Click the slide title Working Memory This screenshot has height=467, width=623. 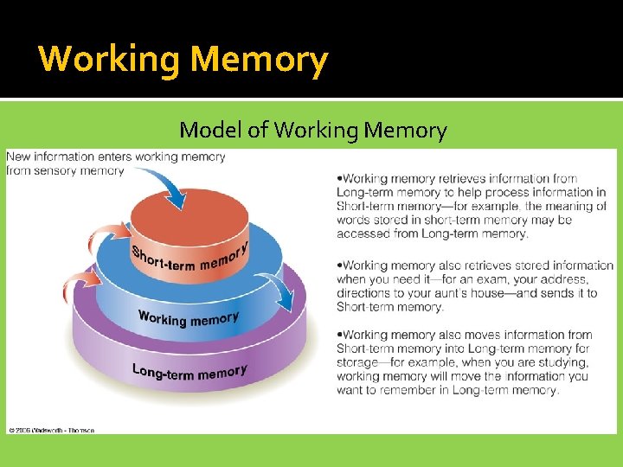tap(183, 60)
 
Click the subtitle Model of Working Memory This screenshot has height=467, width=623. tap(312, 131)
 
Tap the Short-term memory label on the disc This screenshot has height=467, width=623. tap(189, 257)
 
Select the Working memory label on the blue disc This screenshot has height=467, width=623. tap(188, 318)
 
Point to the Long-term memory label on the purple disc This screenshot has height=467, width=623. tap(189, 372)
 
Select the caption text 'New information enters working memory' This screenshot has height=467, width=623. tap(115, 157)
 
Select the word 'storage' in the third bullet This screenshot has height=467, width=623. tap(357, 362)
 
